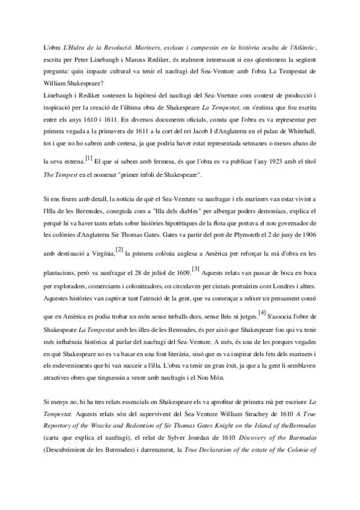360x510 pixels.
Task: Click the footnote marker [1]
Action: pyautogui.click(x=89, y=159)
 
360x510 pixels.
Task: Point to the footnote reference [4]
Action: pyautogui.click(x=261, y=311)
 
